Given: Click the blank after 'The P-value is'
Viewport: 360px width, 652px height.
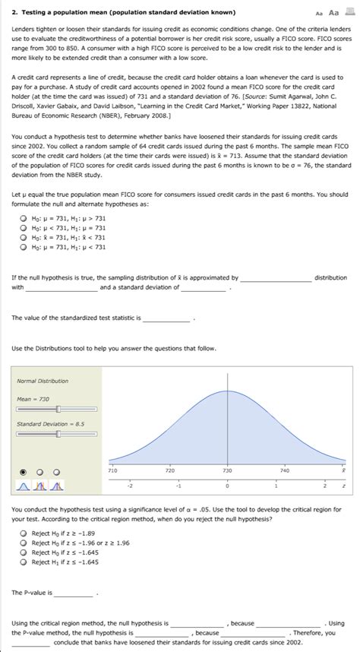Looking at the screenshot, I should tap(73, 593).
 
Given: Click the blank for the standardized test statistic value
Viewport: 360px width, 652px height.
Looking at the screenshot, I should tap(166, 318).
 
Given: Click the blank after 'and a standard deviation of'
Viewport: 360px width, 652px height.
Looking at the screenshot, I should tap(204, 288).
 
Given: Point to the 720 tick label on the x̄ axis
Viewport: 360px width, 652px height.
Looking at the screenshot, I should tap(171, 472).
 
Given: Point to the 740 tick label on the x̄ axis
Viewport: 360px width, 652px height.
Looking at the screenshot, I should tap(285, 472).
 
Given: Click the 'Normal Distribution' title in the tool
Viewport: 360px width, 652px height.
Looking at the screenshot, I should tap(43, 381).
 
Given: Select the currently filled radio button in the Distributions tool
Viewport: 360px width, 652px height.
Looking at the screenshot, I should tap(23, 470).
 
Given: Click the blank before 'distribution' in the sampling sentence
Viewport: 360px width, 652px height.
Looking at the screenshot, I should tap(275, 278).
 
